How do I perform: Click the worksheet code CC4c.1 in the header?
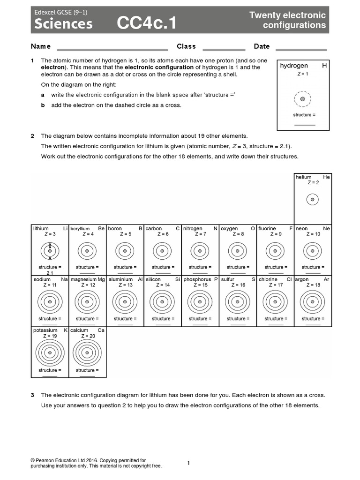pos(147,23)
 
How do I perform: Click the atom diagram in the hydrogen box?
pos(303,99)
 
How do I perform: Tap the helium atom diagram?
pos(312,200)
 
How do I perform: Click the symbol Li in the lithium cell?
pos(65,228)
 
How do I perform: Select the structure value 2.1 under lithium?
pos(50,273)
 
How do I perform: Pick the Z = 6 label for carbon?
pos(162,234)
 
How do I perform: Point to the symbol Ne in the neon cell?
pos(326,228)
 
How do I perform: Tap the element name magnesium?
pos(83,279)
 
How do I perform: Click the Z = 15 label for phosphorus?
pos(200,285)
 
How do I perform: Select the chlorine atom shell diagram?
pos(274,302)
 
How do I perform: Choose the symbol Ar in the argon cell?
pos(326,279)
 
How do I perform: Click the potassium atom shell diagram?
pos(49,353)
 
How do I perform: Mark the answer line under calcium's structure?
pos(87,375)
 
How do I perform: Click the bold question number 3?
pos(32,395)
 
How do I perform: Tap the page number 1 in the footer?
pos(188,463)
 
